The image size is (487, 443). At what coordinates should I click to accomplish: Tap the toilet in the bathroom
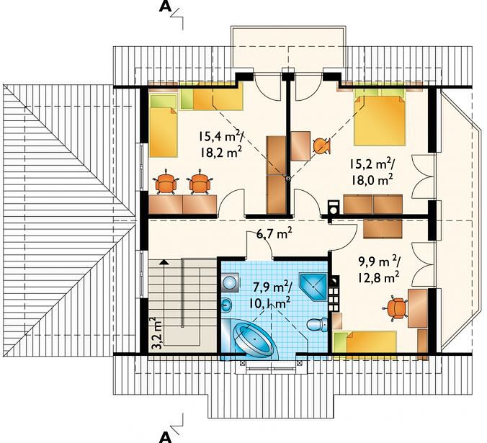[x=317, y=324]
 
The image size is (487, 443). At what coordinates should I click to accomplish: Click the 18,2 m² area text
[x=221, y=152]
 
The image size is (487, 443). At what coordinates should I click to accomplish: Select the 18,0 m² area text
[x=372, y=179]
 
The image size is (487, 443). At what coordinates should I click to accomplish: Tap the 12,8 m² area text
[x=378, y=278]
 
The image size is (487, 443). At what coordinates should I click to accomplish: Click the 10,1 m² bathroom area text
[x=269, y=302]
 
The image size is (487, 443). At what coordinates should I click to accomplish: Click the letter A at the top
[x=165, y=6]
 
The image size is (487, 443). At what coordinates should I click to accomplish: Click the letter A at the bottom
[x=165, y=437]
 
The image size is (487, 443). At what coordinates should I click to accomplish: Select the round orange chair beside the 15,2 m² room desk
[x=321, y=146]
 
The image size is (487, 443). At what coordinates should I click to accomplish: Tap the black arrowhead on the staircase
[x=164, y=262]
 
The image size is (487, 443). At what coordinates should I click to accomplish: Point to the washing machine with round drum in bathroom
[x=230, y=282]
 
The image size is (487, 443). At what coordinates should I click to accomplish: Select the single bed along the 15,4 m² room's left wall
[x=164, y=125]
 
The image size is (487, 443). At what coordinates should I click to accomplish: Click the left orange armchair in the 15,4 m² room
[x=166, y=184]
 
